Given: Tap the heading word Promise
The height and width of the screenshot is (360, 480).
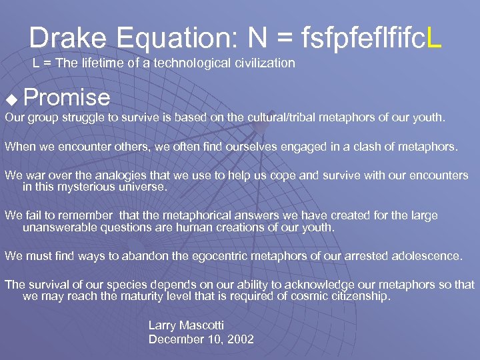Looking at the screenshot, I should [67, 98].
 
